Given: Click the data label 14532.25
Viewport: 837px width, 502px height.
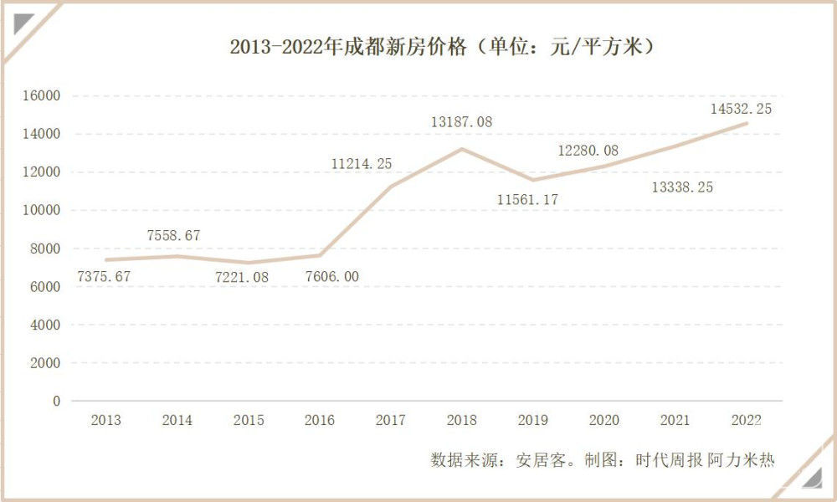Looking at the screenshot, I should pos(741,108).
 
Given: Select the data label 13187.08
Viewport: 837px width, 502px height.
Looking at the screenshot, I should pos(461,122).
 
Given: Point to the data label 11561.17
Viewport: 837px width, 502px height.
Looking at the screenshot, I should pos(527,199).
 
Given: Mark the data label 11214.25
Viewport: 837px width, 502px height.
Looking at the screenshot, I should pos(362,164).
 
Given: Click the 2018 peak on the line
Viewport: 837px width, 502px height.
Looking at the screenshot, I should pos(461,149).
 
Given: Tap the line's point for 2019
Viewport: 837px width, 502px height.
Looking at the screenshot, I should pos(533,180).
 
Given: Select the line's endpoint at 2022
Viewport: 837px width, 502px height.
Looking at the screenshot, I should pos(747,124).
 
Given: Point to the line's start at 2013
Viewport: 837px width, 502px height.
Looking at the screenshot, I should pos(105,260).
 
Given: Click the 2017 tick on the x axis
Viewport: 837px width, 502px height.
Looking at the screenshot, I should pos(390,420).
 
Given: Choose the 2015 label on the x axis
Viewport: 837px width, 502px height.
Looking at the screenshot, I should pos(248,420).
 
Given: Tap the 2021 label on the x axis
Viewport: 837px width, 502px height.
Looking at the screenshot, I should pos(675,420).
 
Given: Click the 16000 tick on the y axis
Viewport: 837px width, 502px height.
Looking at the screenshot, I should pos(41,95).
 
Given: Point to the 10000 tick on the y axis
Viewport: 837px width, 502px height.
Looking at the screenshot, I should pos(41,210).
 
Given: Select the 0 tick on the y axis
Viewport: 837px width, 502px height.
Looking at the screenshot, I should pos(56,401).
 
